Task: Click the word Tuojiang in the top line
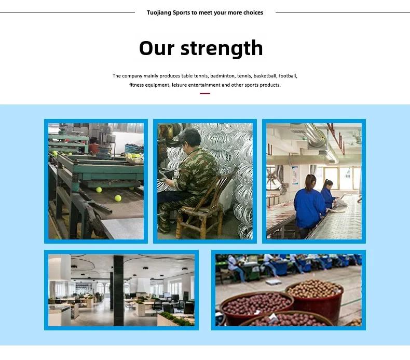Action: pos(159,13)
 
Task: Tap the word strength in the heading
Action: pos(222,49)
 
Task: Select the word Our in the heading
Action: pos(157,48)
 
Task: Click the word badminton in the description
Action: pos(222,76)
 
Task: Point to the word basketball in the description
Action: pos(265,76)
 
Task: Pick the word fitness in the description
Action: pos(136,85)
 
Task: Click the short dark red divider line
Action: pos(205,93)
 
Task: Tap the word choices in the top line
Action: pos(253,12)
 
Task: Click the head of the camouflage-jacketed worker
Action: pos(191,138)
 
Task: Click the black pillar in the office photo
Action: pos(118,290)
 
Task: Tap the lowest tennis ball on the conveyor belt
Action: pos(118,198)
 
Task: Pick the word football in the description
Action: pos(288,76)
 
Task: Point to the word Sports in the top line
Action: pos(181,13)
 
